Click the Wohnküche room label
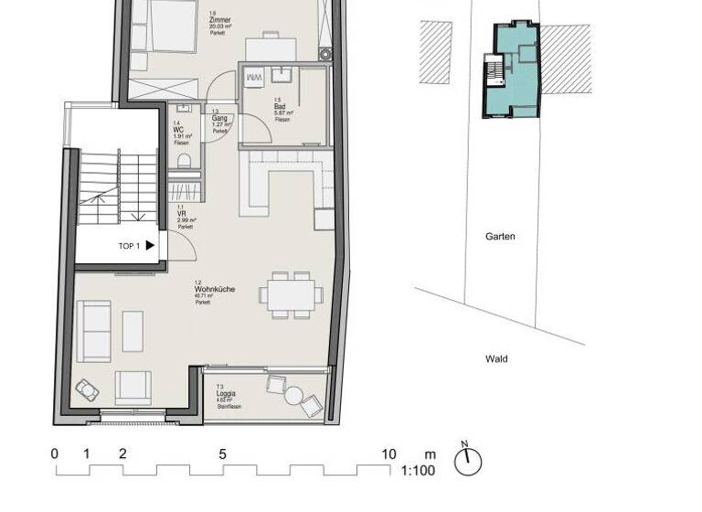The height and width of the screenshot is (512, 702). click(x=214, y=289)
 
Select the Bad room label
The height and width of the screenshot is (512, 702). click(x=280, y=107)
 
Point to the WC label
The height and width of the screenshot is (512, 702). click(x=179, y=129)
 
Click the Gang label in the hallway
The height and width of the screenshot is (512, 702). click(x=219, y=119)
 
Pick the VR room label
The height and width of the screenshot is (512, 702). click(x=182, y=213)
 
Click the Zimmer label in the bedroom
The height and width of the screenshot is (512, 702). click(x=220, y=18)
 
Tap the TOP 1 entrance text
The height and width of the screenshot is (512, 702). click(x=129, y=246)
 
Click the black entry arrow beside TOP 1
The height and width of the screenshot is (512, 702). click(x=150, y=245)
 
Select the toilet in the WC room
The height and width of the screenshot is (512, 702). click(x=184, y=161)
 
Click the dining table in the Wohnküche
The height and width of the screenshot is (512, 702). click(x=290, y=294)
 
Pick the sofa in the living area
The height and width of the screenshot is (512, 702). click(x=94, y=330)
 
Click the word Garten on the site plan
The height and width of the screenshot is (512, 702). click(x=500, y=236)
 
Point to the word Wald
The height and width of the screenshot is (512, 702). click(x=496, y=359)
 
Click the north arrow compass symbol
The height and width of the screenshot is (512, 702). click(x=467, y=461)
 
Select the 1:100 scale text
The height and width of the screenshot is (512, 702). click(x=417, y=472)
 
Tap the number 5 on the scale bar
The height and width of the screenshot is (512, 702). click(x=222, y=454)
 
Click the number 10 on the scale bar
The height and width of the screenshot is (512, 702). click(x=389, y=454)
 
